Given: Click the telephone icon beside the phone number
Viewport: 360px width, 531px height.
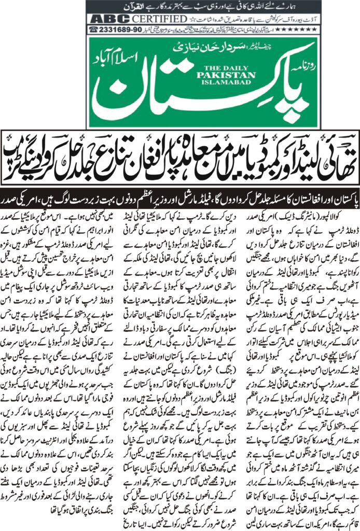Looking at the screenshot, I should click(x=94, y=30).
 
